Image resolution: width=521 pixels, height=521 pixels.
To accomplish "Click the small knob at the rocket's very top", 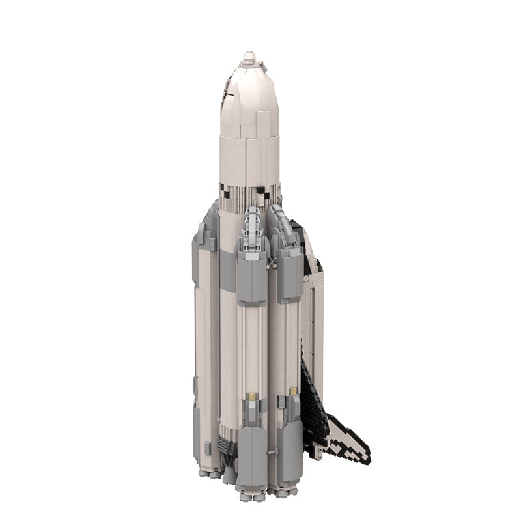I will (249, 57).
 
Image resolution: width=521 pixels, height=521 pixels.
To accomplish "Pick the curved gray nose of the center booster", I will (252, 225).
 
